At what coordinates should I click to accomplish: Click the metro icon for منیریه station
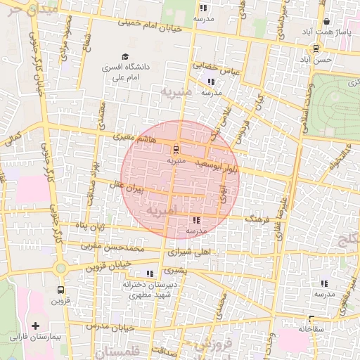[x=175, y=149]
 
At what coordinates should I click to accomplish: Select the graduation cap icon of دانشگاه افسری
[x=125, y=56]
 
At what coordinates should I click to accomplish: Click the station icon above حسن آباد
[x=316, y=49]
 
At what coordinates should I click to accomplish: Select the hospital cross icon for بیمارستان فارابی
[x=35, y=326]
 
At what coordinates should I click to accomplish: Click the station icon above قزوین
[x=60, y=289]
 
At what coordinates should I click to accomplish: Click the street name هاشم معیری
[x=136, y=138]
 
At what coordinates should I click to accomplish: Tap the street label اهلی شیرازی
[x=191, y=251]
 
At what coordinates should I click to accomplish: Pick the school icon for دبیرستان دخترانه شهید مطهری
[x=148, y=274]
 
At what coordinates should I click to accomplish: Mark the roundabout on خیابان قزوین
[x=60, y=268]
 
